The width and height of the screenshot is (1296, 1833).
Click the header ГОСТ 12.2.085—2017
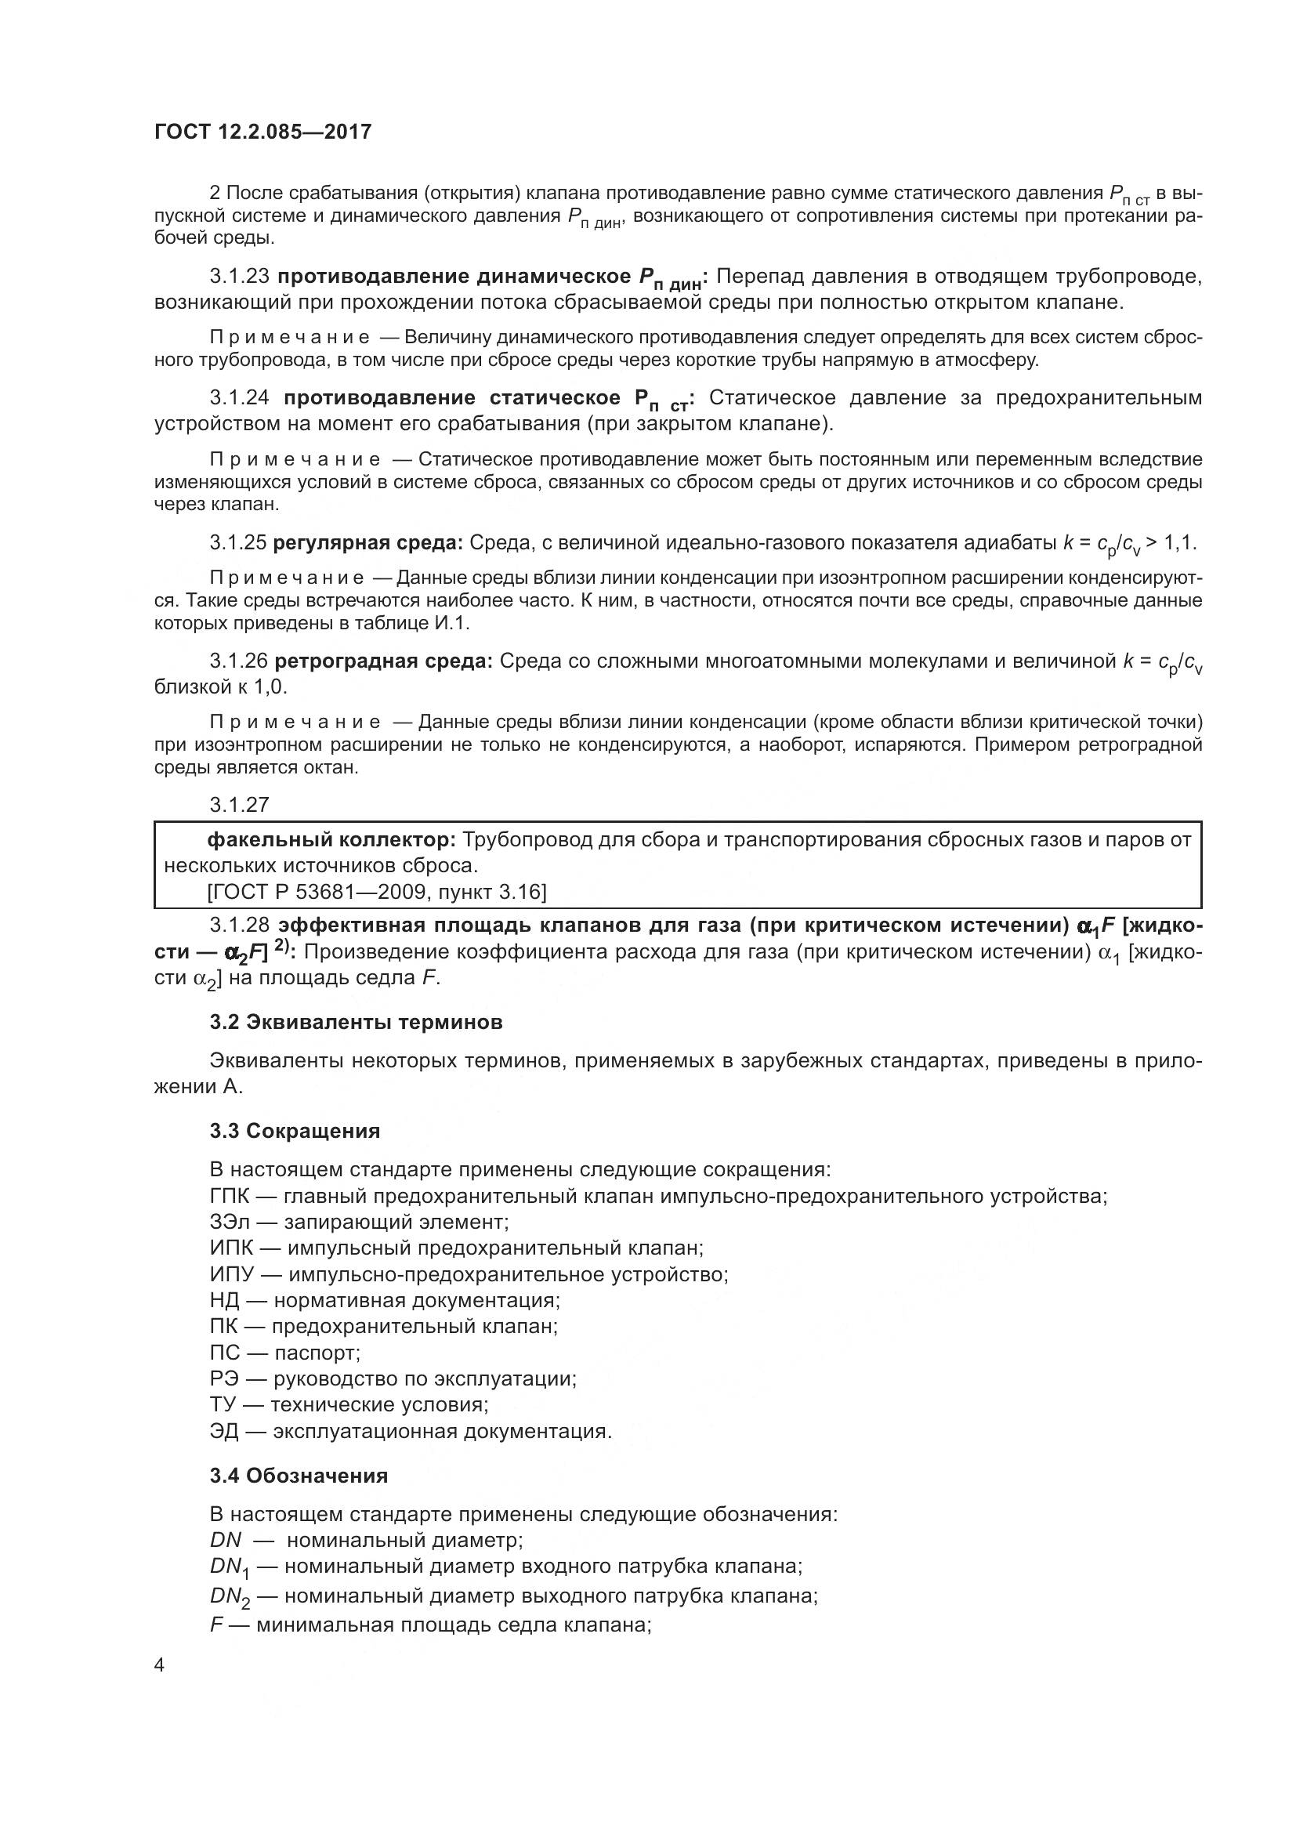[262, 132]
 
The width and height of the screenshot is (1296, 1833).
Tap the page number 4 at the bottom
[159, 1665]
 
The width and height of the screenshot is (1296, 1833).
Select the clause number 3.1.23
[240, 277]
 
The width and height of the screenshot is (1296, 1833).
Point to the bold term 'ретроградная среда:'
[383, 661]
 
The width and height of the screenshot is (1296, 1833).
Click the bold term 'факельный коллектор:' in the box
[331, 840]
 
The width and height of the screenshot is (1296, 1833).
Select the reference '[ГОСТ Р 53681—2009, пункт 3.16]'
[377, 892]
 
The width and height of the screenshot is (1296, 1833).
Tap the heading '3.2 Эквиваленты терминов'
[356, 1022]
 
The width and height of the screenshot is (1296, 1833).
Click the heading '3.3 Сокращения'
[295, 1131]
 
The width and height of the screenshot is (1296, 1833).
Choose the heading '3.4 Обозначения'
[299, 1476]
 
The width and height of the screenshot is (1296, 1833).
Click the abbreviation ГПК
[230, 1196]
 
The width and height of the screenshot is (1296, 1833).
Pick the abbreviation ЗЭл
[230, 1222]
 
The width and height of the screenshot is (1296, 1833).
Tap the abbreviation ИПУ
[231, 1274]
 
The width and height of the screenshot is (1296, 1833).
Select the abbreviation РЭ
[224, 1378]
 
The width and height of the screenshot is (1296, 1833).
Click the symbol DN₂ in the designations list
[229, 1596]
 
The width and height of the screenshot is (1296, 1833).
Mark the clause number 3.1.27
[240, 805]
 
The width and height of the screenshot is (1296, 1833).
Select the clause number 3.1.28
[240, 926]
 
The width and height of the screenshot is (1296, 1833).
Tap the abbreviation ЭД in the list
[224, 1431]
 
